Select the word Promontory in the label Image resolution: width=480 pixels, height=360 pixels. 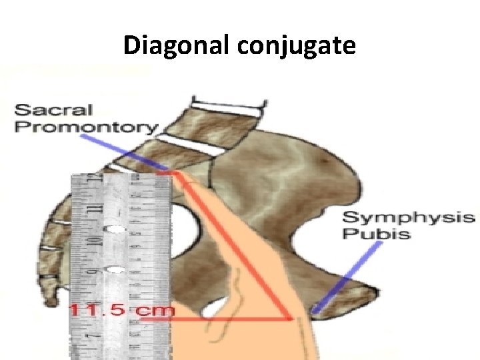[x=87, y=127]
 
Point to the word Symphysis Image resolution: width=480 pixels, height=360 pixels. [x=408, y=217]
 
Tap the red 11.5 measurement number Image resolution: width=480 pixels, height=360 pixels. [x=100, y=309]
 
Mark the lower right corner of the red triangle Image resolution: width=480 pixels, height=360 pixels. [x=291, y=319]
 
